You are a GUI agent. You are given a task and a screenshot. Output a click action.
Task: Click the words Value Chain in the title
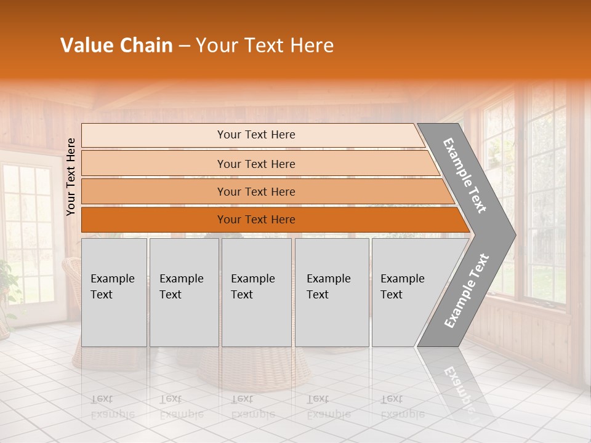pyautogui.click(x=116, y=46)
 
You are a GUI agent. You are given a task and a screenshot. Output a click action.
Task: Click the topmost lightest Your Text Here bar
pyautogui.click(x=255, y=135)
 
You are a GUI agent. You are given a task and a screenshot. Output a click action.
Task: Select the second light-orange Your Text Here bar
pyautogui.click(x=255, y=164)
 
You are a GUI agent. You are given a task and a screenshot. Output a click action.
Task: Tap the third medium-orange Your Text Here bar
pyautogui.click(x=255, y=191)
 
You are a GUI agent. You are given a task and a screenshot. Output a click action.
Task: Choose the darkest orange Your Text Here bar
pyautogui.click(x=255, y=220)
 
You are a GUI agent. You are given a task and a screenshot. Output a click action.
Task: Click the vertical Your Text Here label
pyautogui.click(x=71, y=177)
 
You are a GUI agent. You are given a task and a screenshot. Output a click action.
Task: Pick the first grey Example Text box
pyautogui.click(x=114, y=292)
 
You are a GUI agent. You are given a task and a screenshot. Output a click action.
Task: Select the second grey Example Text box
pyautogui.click(x=183, y=292)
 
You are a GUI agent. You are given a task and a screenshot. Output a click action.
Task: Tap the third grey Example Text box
pyautogui.click(x=256, y=292)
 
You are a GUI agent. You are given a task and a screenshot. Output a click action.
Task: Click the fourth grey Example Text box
pyautogui.click(x=331, y=292)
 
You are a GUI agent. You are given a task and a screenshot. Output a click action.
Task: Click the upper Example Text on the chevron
pyautogui.click(x=465, y=175)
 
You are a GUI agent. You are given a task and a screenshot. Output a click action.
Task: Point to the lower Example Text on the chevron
pyautogui.click(x=466, y=291)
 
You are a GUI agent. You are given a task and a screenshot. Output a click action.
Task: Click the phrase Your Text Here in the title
pyautogui.click(x=265, y=46)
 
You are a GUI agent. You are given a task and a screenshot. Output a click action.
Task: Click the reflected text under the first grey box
pyautogui.click(x=112, y=406)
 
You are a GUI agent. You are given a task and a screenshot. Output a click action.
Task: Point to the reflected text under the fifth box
pyautogui.click(x=402, y=406)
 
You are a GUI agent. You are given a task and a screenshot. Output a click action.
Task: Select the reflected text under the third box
pyautogui.click(x=252, y=406)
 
